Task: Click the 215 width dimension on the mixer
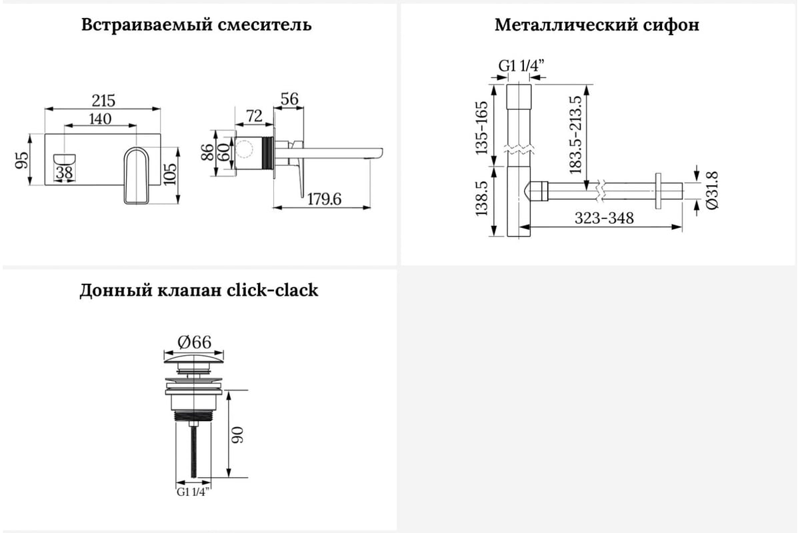point(103,101)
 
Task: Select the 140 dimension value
point(101,119)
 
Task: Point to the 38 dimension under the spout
point(64,173)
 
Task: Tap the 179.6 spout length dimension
point(324,199)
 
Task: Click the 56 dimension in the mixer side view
point(289,99)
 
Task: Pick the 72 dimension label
point(254,116)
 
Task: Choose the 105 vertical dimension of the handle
point(171,174)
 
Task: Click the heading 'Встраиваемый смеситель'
point(197,25)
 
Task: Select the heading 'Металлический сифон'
point(597,25)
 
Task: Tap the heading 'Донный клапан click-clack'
point(199,290)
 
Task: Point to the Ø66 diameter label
point(194,342)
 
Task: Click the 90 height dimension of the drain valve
point(237,435)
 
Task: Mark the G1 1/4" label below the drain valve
point(193,492)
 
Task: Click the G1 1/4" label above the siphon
point(521,66)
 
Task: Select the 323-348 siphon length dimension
point(604,218)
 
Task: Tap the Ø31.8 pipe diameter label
point(712,190)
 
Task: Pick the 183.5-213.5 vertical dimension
point(575,135)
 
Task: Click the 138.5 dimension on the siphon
point(481,199)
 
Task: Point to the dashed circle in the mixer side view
point(243,149)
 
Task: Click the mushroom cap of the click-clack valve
point(194,359)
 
